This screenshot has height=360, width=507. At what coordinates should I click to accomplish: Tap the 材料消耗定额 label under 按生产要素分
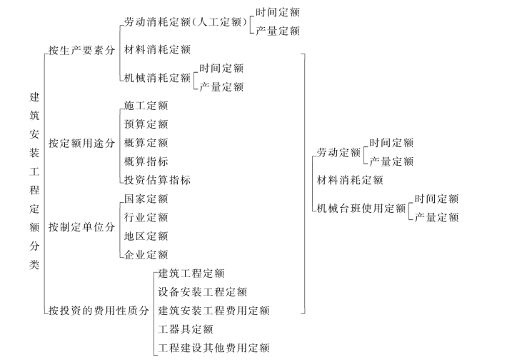click(x=157, y=50)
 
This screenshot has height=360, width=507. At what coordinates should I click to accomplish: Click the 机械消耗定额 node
click(x=157, y=78)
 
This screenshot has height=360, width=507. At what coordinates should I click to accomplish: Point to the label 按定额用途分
click(x=81, y=144)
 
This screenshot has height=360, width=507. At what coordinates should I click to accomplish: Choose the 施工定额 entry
click(x=146, y=106)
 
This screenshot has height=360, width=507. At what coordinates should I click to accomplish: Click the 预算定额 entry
click(x=146, y=124)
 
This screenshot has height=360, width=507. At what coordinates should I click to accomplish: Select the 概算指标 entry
click(x=146, y=161)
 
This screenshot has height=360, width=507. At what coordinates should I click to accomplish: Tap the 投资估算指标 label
click(x=157, y=180)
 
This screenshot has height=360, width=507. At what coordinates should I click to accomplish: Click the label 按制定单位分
click(x=81, y=227)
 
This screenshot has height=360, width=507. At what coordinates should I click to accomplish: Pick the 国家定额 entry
click(x=146, y=199)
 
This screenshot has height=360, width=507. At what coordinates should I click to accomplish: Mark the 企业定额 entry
click(x=146, y=255)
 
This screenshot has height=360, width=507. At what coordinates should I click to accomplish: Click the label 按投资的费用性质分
click(x=99, y=311)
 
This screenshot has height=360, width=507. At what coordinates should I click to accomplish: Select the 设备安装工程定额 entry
click(x=202, y=292)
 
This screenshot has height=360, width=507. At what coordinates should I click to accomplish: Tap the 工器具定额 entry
click(x=185, y=329)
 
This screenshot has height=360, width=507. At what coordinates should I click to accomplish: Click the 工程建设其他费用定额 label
click(x=214, y=348)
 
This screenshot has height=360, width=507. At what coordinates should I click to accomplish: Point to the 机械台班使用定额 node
click(x=361, y=209)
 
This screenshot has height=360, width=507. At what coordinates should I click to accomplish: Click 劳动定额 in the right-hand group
click(x=338, y=152)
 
